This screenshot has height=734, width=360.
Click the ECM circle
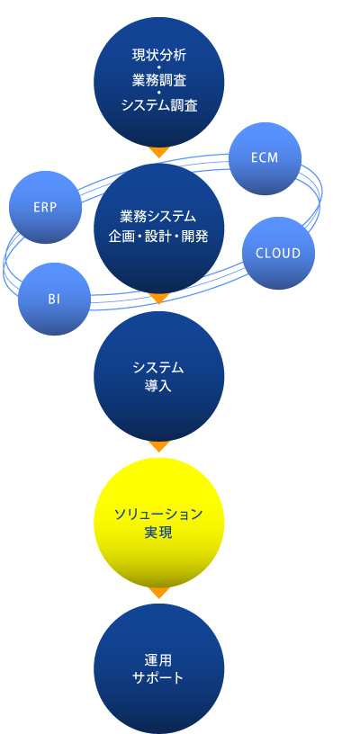(x=265, y=158)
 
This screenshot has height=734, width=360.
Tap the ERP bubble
(x=45, y=208)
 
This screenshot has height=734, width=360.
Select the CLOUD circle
(x=278, y=254)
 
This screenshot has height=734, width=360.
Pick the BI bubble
(x=54, y=300)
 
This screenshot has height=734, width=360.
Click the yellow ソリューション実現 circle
(x=159, y=523)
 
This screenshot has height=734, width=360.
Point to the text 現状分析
(x=159, y=55)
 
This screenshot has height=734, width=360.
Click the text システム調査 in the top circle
(x=159, y=106)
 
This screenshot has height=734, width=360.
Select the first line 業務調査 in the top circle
(x=159, y=81)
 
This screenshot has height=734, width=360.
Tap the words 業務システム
(x=157, y=217)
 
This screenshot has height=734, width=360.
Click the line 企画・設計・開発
(x=158, y=237)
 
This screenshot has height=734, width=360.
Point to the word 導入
(x=158, y=387)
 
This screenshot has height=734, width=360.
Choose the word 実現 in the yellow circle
(x=158, y=533)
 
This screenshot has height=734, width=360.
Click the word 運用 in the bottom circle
(x=158, y=660)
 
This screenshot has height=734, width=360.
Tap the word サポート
(x=158, y=678)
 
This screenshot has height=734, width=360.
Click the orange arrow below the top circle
(x=159, y=153)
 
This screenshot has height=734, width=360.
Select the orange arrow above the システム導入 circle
(x=159, y=299)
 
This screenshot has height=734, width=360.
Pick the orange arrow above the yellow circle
(x=159, y=446)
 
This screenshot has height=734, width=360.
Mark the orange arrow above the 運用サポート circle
(x=159, y=593)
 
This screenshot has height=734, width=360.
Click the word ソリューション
(x=158, y=515)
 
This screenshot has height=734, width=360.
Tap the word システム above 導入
(x=158, y=368)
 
